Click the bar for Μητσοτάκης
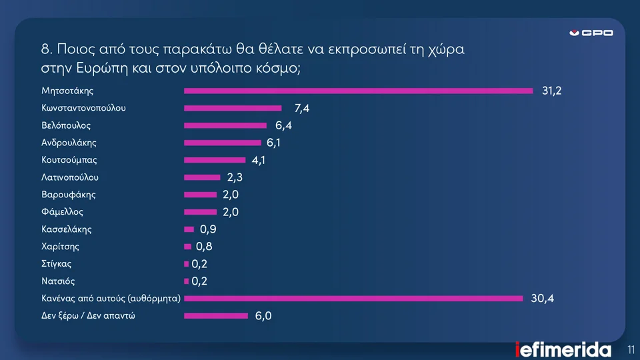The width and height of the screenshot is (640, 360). [358, 91]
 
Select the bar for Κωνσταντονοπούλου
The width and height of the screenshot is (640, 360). [233, 108]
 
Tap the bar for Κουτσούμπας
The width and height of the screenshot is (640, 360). [215, 160]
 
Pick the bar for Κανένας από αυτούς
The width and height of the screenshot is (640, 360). [353, 299]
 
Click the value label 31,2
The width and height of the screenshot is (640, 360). [551, 91]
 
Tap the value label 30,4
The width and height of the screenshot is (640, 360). [542, 299]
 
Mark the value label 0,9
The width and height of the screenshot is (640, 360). [208, 230]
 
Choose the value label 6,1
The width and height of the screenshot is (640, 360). [273, 143]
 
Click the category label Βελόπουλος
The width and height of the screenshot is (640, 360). [66, 125]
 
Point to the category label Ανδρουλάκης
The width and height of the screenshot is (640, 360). [69, 142]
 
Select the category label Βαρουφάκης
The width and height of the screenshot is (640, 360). [69, 195]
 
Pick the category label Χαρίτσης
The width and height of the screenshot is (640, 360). [61, 247]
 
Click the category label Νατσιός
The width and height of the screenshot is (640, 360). [58, 281]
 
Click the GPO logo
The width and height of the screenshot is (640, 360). [591, 33]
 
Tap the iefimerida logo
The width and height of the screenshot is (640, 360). [563, 349]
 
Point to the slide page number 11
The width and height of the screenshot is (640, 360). [631, 349]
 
